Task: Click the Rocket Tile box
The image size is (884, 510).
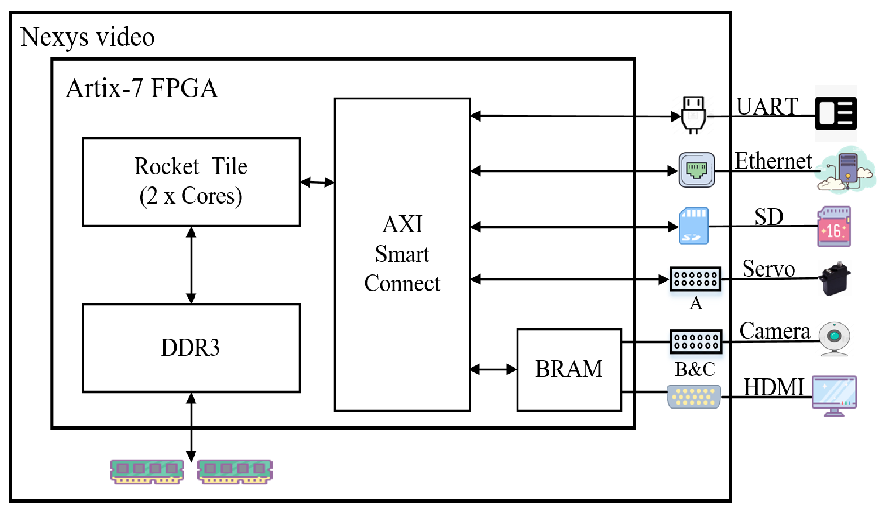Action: [191, 182]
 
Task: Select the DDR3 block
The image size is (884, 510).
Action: [191, 348]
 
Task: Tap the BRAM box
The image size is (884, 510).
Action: [569, 369]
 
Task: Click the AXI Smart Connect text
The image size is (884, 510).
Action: [402, 254]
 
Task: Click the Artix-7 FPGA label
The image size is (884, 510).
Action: [142, 88]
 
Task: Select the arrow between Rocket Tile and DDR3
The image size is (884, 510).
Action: [191, 265]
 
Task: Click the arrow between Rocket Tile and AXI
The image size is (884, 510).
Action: [317, 182]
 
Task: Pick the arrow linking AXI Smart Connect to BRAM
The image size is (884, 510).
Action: [493, 369]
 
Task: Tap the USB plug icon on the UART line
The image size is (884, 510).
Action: [693, 115]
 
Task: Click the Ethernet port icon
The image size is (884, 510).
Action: [696, 170]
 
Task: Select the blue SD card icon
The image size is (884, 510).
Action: [693, 226]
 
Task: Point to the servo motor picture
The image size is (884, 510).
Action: [834, 279]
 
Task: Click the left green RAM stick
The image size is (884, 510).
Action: [147, 471]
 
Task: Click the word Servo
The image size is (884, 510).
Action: [768, 269]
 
